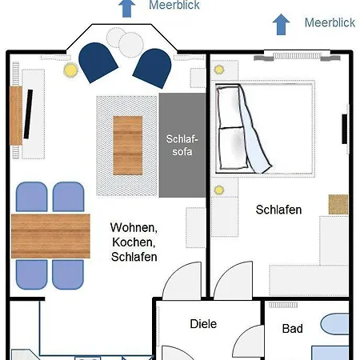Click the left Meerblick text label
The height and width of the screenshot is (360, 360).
[174, 6]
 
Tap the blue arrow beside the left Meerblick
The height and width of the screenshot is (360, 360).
[126, 7]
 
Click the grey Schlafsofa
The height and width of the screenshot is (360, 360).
[182, 145]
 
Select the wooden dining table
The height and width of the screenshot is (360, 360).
[50, 234]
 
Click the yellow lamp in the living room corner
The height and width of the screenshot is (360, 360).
[70, 70]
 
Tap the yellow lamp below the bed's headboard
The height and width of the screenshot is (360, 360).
[218, 190]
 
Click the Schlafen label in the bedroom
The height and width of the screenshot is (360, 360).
[278, 210]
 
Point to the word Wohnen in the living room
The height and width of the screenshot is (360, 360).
[134, 227]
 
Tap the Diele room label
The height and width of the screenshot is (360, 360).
[203, 324]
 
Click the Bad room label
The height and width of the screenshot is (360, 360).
[293, 329]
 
